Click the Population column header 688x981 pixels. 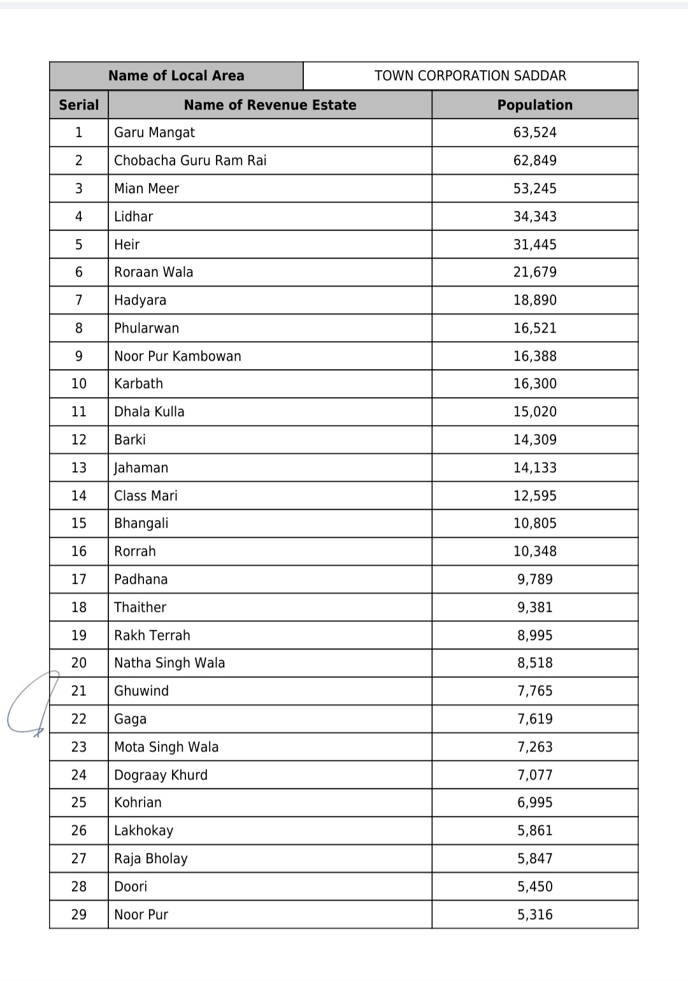tap(534, 105)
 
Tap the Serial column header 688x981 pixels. tap(79, 105)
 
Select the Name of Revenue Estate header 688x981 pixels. tap(270, 105)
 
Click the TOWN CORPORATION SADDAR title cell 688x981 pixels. tap(470, 76)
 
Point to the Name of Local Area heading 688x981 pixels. tap(176, 76)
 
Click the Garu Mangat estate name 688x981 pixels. tap(154, 133)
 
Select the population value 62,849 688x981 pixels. tap(534, 161)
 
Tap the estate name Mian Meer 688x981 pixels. tap(147, 189)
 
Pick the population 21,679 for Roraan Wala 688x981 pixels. tap(534, 272)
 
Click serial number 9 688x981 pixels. tap(79, 356)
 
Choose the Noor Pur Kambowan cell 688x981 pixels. tap(178, 356)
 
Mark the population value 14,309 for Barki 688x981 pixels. tap(534, 440)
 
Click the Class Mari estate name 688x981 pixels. tap(146, 496)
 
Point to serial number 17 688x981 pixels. tap(79, 579)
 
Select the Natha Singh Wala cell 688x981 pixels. tap(169, 663)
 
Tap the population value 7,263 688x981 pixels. tap(534, 747)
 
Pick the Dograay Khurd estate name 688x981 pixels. tap(161, 775)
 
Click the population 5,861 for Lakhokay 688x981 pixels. tap(534, 831)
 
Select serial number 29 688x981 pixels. tap(79, 915)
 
